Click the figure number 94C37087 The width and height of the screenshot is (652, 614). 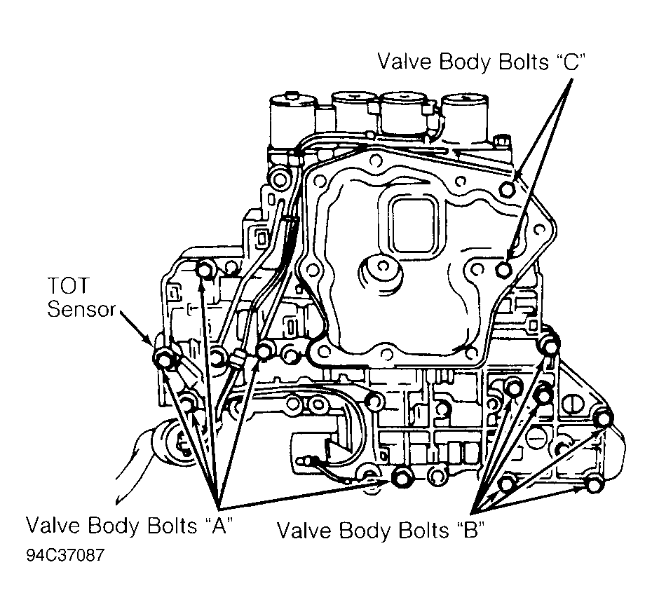click(x=65, y=555)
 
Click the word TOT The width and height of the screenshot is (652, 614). click(x=68, y=285)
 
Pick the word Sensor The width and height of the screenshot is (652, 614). click(x=81, y=309)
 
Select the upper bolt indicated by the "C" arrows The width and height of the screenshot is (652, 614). click(x=508, y=189)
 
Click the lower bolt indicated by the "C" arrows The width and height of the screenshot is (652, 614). click(x=504, y=270)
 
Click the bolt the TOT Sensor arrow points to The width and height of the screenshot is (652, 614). click(x=164, y=357)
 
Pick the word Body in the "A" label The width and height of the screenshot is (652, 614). click(x=114, y=525)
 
